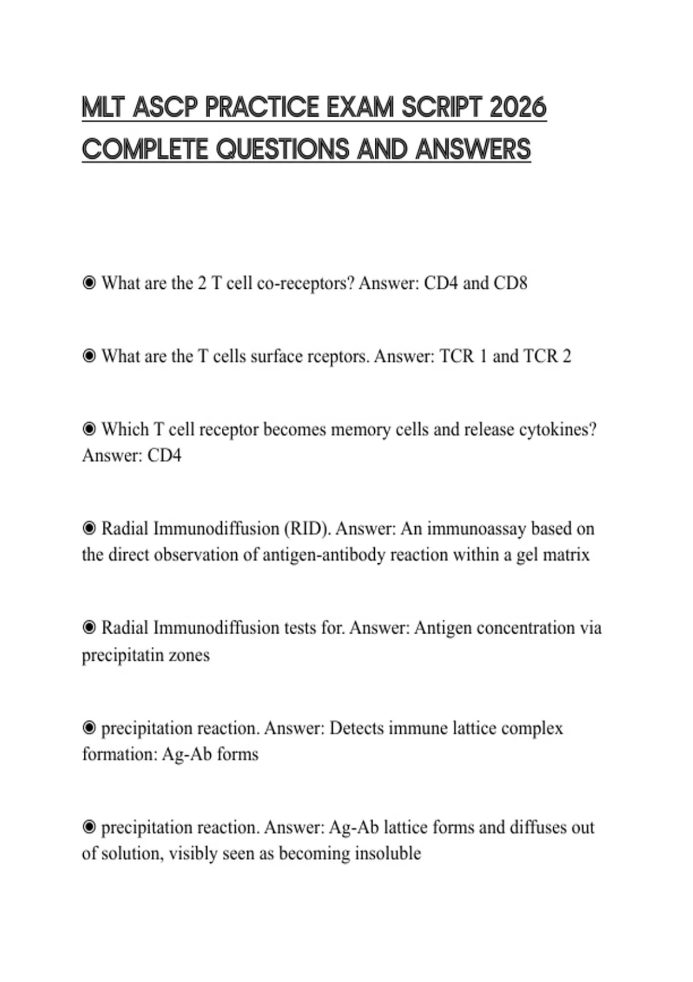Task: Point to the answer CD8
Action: click(511, 283)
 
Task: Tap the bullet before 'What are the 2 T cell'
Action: click(89, 283)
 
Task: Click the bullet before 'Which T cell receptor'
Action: click(89, 430)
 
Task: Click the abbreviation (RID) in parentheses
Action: click(307, 529)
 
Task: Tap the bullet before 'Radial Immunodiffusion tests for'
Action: click(89, 628)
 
